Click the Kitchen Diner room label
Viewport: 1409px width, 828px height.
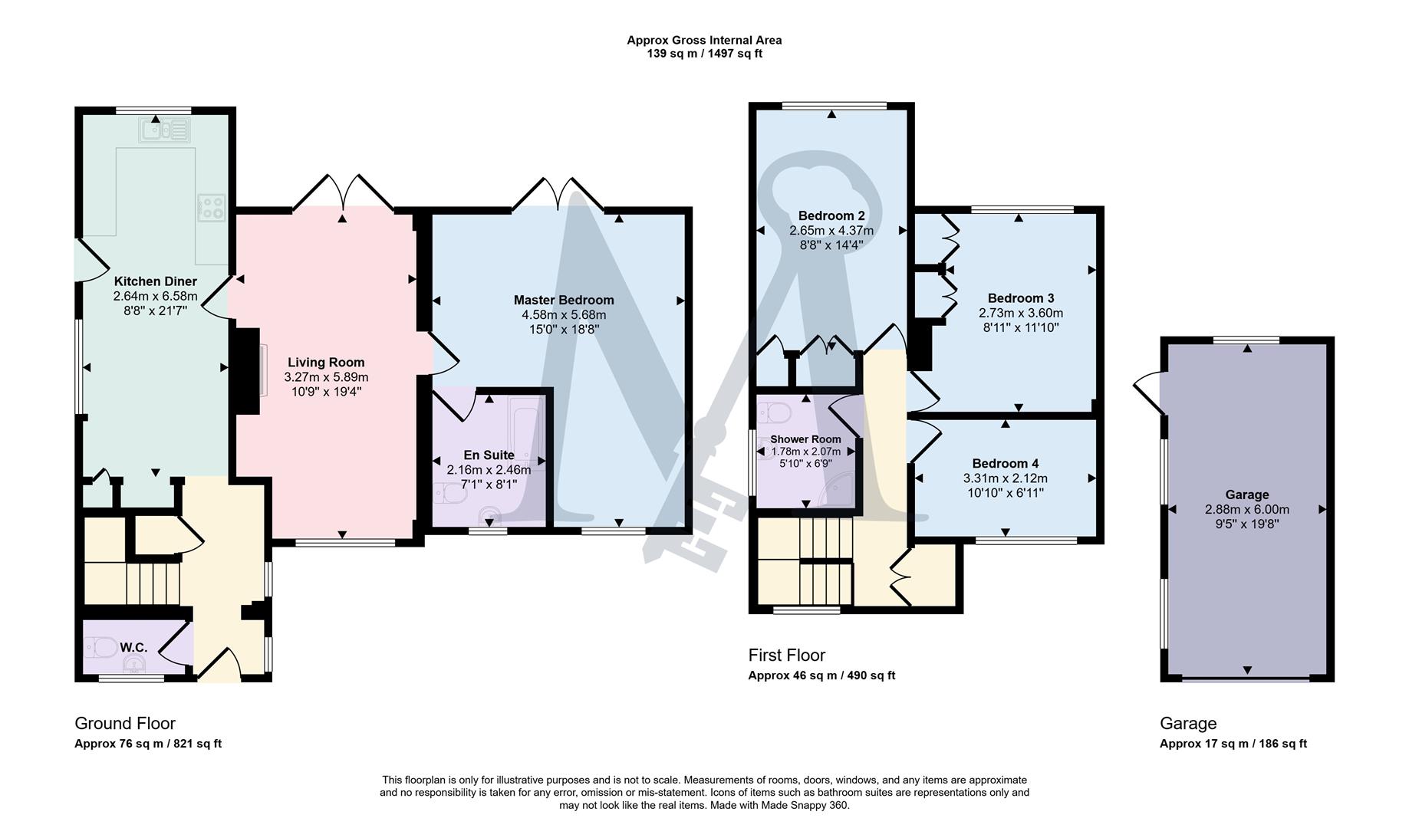[155, 281]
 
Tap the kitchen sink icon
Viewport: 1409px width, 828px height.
[164, 130]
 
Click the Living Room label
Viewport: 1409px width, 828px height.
[326, 363]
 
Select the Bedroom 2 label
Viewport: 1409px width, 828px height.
[831, 215]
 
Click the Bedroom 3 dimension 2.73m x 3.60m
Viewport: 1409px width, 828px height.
[1020, 313]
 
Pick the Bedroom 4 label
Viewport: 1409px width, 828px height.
[1005, 464]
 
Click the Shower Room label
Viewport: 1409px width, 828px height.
[805, 439]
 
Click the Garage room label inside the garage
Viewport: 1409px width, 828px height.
[1246, 495]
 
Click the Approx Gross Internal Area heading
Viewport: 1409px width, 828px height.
[704, 41]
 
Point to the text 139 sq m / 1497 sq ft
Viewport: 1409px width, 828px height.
[704, 54]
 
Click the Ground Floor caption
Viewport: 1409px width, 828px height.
[125, 724]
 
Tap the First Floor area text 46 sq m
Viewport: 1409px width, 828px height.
[821, 675]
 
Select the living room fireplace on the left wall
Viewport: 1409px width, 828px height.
[247, 371]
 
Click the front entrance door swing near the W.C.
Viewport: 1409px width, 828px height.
[219, 665]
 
